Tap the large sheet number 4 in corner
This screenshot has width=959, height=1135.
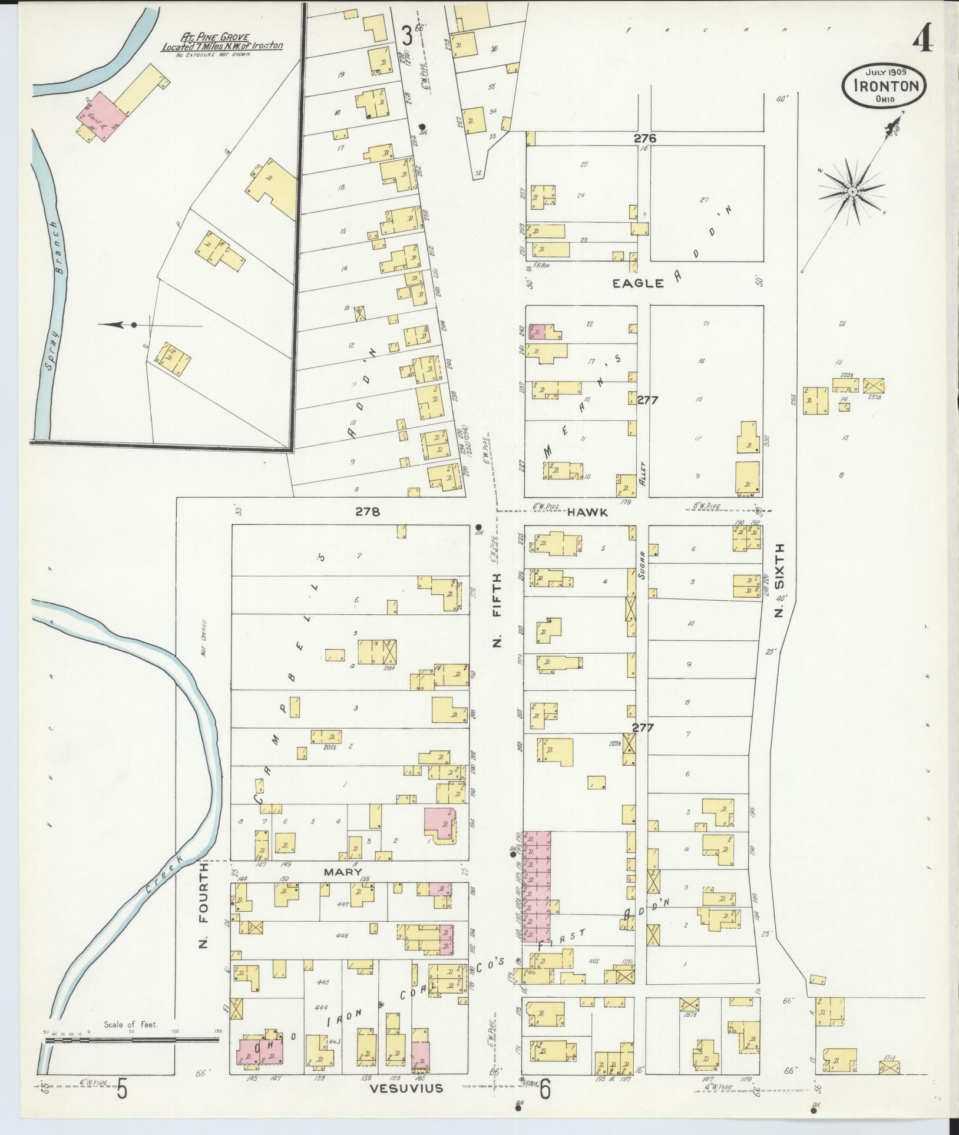click(923, 41)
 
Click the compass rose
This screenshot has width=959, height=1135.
click(852, 191)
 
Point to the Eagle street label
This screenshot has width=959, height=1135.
click(638, 283)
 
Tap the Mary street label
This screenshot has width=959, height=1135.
click(349, 871)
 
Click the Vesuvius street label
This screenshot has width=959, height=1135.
click(406, 1088)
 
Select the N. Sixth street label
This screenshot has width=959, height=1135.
click(780, 580)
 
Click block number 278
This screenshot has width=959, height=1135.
click(367, 512)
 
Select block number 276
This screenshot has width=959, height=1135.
click(645, 139)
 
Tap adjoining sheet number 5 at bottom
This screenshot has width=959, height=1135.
click(122, 1088)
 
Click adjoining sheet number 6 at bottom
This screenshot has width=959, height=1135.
click(545, 1089)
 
